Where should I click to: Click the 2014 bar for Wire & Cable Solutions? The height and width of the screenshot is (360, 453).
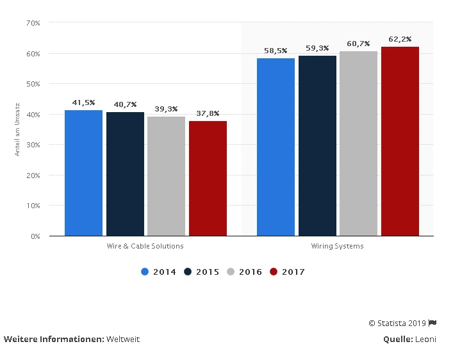coord(83,173)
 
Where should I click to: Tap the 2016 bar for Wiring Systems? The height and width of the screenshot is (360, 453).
coord(358,143)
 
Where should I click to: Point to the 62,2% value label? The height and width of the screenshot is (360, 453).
coord(400,39)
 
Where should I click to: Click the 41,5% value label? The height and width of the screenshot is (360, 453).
coord(83,102)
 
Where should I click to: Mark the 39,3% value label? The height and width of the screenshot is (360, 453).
coord(166,109)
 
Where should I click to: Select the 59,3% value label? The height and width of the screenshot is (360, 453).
coord(317,48)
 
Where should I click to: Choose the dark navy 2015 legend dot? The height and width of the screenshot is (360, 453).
coord(188,272)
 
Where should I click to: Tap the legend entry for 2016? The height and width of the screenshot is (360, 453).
coord(244,272)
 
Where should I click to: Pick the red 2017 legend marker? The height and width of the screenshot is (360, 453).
coord(274,272)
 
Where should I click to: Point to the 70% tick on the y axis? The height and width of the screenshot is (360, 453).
coord(33,23)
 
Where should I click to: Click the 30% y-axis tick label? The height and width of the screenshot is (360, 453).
coord(33,145)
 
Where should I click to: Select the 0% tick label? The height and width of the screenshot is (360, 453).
coord(35,236)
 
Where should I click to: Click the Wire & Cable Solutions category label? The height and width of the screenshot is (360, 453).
coord(145,247)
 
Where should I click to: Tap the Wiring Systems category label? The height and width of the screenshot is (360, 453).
coord(338,247)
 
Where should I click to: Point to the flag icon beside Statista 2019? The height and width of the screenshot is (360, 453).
coord(432,323)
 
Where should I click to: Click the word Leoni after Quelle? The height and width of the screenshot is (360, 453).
coord(425,339)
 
